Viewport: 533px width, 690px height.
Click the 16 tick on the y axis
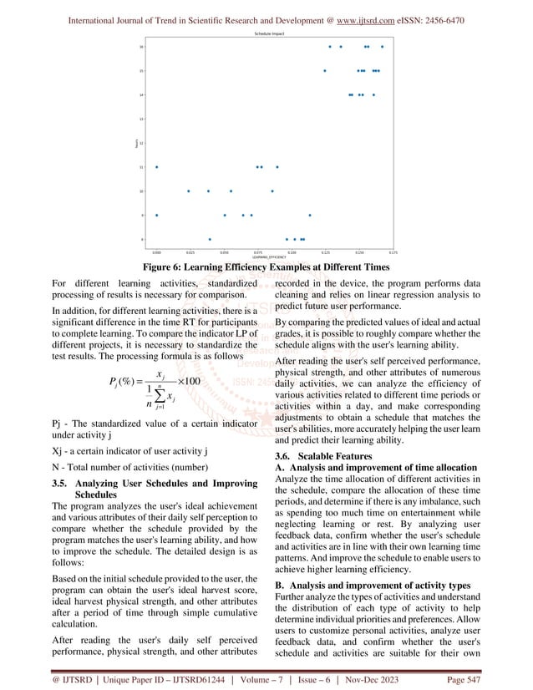[142, 47]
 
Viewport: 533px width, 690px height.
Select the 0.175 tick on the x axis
[393, 250]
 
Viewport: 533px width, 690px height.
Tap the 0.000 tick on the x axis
[156, 250]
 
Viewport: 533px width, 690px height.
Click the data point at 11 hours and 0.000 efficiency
[156, 167]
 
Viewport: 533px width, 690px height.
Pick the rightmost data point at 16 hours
[383, 47]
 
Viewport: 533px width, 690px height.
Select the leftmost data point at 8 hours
[210, 239]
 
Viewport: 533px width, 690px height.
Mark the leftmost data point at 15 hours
[325, 71]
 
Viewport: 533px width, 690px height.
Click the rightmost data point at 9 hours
[310, 216]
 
